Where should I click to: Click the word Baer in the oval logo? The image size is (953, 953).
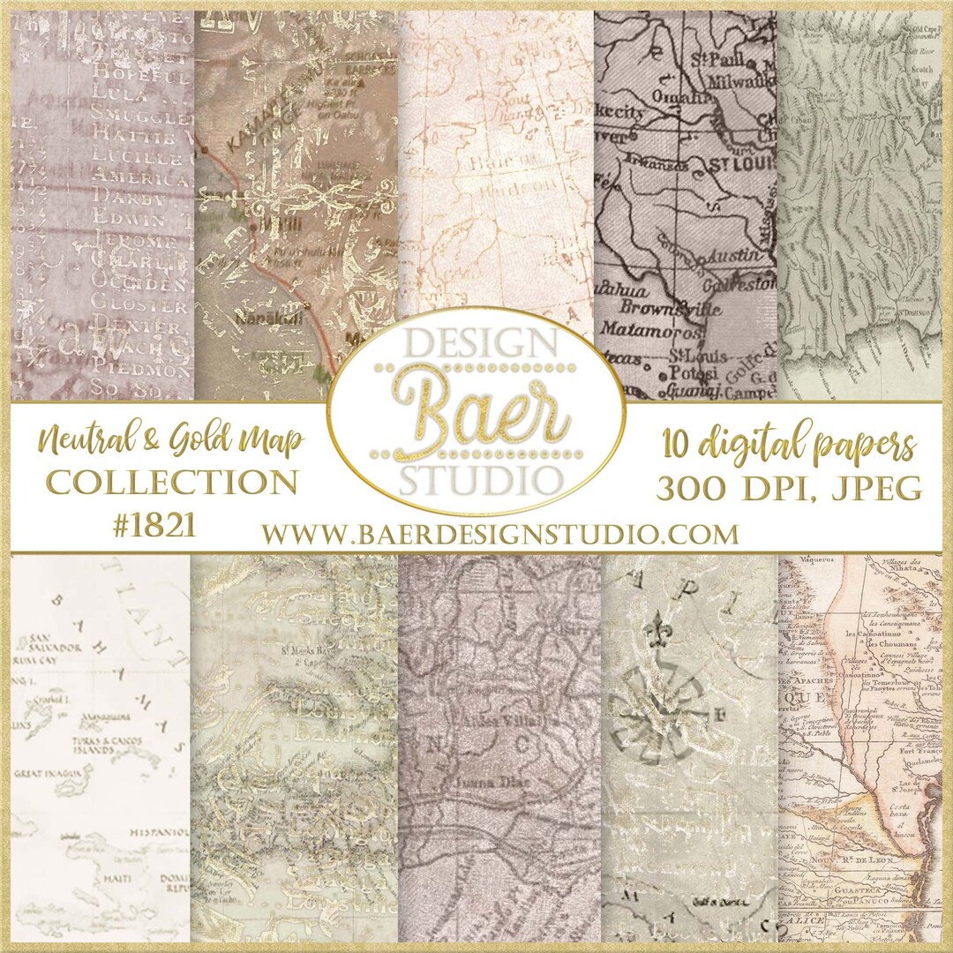(x=477, y=414)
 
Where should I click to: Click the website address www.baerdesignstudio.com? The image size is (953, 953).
(x=499, y=534)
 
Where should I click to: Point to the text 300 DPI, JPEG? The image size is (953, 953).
(x=789, y=486)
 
